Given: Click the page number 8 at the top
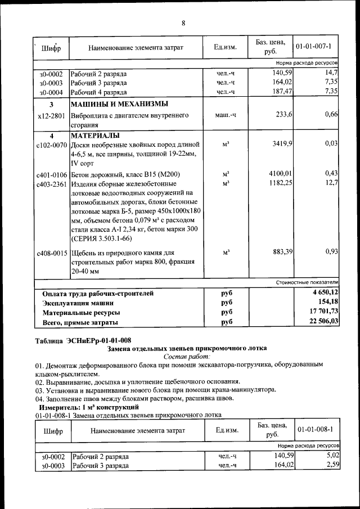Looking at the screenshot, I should tap(183, 23).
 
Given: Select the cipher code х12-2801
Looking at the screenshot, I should tap(51, 115).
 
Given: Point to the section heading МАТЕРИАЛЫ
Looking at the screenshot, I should tap(94, 136).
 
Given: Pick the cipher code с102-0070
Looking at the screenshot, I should tap(51, 145).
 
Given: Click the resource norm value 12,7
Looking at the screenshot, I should tap(331, 183).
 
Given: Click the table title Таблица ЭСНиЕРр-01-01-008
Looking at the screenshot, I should tap(83, 340).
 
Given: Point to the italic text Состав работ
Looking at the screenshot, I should tap(187, 357).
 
